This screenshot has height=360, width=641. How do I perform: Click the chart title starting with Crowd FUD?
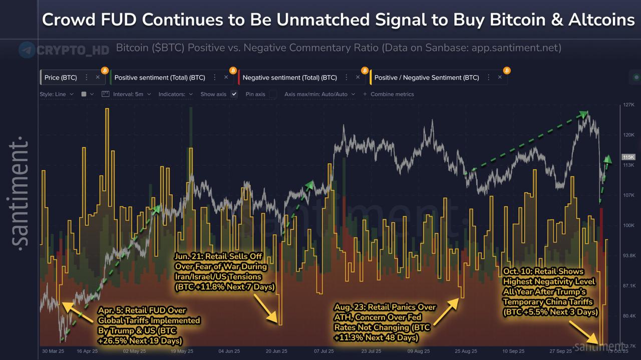(338, 20)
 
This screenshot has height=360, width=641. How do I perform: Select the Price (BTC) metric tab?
(61, 78)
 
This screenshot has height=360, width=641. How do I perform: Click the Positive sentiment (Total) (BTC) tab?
(160, 78)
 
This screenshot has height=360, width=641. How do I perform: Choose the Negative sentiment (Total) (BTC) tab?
(289, 78)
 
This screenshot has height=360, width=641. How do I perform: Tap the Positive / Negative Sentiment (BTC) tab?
(427, 78)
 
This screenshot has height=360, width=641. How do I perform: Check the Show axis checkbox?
(234, 94)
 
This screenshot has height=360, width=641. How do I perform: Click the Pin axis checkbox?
(273, 94)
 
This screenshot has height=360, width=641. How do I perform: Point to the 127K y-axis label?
(628, 105)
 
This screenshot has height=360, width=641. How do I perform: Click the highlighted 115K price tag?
(628, 157)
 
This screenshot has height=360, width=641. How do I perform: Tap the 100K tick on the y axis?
(628, 225)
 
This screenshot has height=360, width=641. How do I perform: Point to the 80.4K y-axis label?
(628, 316)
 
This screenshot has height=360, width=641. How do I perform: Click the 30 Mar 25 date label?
(53, 351)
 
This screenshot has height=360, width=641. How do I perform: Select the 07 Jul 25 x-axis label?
(324, 351)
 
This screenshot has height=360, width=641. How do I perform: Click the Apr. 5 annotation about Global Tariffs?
(149, 325)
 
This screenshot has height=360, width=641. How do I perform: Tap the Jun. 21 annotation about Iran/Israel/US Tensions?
(224, 271)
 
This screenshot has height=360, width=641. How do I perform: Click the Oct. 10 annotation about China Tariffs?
(550, 291)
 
